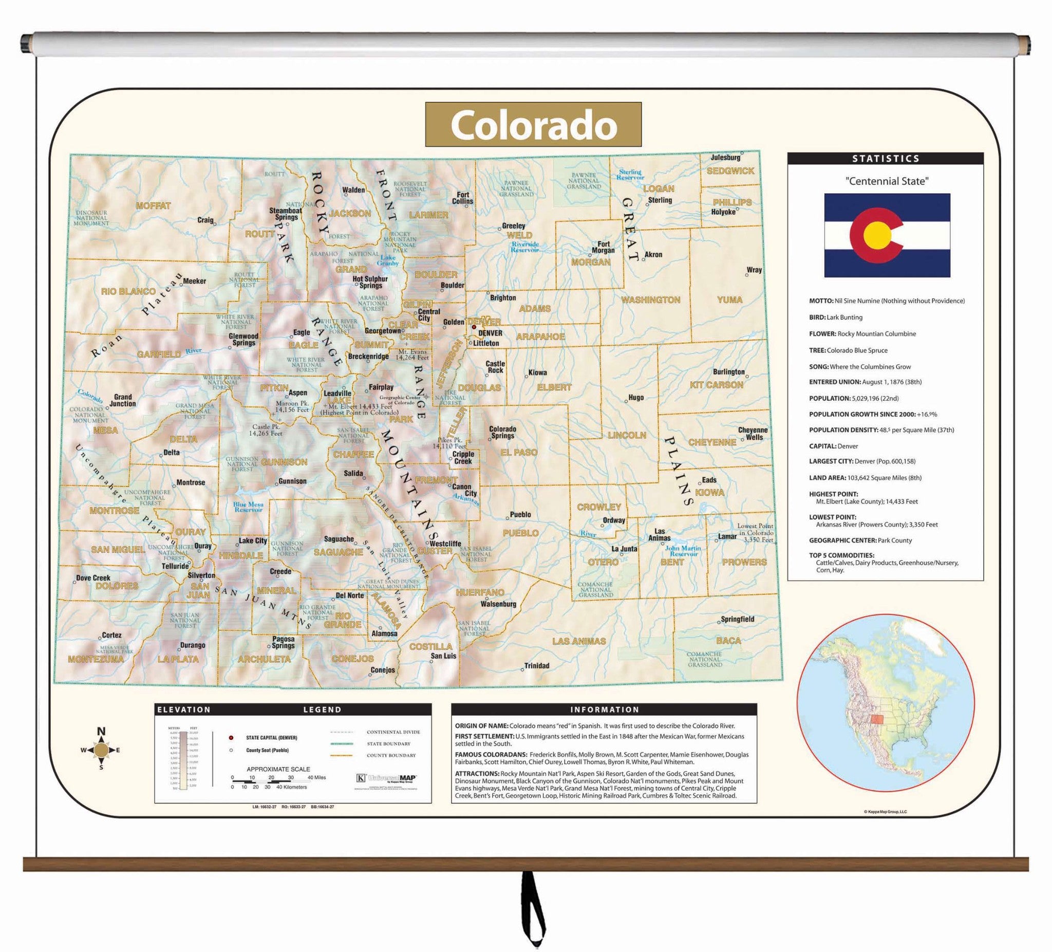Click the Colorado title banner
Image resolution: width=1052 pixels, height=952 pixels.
[533, 124]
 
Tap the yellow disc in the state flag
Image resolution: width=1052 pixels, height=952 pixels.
[877, 235]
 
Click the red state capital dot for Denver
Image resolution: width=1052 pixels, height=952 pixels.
[474, 327]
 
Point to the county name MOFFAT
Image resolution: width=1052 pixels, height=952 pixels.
[153, 206]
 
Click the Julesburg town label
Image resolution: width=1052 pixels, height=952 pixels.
[725, 157]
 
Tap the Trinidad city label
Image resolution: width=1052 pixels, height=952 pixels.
[536, 665]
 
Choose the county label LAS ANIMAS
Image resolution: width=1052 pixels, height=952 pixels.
[579, 641]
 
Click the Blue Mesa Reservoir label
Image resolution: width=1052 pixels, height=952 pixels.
[248, 507]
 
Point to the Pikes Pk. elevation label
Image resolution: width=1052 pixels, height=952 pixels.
[449, 442]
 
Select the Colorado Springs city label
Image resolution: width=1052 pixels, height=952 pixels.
[502, 432]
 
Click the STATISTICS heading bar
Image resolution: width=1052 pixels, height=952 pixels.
[885, 159]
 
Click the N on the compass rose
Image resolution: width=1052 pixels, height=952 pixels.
[102, 731]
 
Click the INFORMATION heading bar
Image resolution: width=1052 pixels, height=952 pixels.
[604, 710]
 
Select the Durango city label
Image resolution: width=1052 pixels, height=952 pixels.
[192, 645]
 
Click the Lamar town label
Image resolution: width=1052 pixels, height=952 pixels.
[727, 536]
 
